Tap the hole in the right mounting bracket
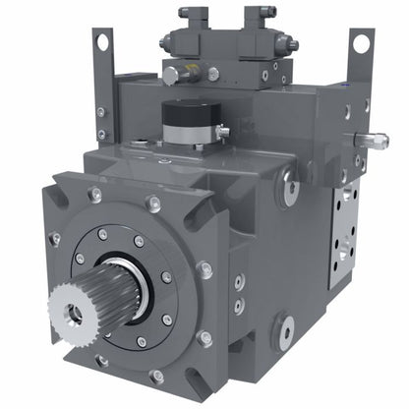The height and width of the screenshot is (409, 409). [361, 43]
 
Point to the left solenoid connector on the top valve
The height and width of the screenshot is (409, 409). [187, 17]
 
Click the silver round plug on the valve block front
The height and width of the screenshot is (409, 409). [171, 74]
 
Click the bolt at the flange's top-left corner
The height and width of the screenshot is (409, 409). [94, 196]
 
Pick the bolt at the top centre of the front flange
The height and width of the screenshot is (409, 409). [154, 204]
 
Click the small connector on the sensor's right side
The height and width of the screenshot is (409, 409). [223, 130]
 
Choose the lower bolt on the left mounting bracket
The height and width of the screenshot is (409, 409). [101, 134]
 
